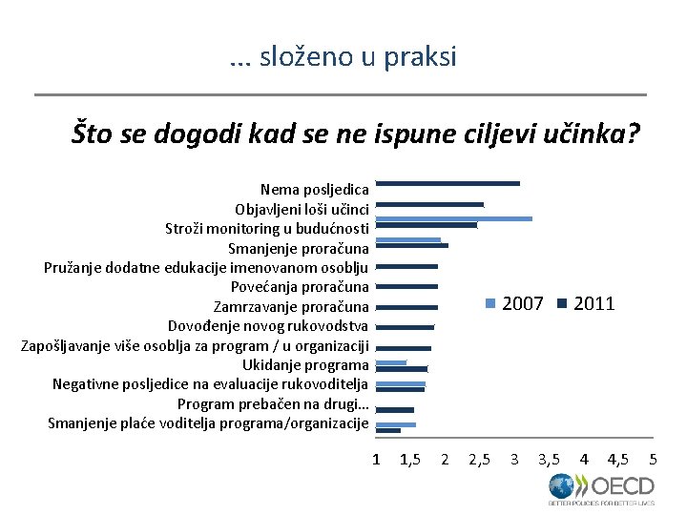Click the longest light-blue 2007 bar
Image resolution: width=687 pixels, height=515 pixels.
point(454,218)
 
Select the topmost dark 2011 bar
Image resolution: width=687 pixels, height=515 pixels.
point(448,183)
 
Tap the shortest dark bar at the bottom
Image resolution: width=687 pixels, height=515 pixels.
point(388,431)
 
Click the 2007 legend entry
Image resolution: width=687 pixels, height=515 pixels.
point(514,303)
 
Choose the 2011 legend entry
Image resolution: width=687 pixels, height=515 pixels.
point(586,303)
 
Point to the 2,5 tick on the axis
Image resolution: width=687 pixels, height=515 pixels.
point(480,460)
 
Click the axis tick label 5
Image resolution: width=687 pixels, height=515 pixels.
point(653,460)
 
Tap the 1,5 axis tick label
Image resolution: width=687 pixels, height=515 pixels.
point(411,460)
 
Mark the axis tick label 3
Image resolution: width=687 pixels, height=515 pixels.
point(514,460)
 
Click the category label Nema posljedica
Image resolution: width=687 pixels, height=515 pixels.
point(314,189)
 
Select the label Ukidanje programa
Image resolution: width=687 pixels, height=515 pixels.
point(305,365)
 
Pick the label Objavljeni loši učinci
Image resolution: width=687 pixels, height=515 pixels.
point(302,209)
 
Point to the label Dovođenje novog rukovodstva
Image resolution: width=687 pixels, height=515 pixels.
point(268,326)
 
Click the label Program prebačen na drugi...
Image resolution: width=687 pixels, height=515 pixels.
point(273,404)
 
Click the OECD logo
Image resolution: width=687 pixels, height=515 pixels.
point(601,488)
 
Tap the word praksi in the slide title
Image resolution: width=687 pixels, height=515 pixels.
point(421,57)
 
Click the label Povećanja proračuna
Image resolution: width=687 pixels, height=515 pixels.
point(300,287)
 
